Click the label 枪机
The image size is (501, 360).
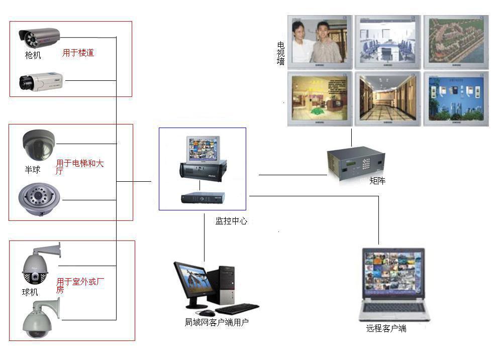click(33, 55)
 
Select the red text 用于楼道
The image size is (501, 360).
click(78, 53)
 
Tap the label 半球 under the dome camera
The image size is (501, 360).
click(33, 170)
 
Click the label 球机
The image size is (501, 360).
click(30, 292)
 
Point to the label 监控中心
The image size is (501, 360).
click(231, 221)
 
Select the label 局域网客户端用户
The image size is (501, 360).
click(217, 322)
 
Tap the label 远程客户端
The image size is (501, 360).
click(386, 328)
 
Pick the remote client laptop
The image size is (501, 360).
click(394, 284)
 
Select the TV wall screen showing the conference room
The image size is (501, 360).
click(386, 42)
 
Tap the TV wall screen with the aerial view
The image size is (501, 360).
click(455, 42)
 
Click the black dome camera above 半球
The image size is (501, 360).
click(38, 143)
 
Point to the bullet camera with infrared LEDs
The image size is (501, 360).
click(39, 36)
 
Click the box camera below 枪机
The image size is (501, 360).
click(35, 81)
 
